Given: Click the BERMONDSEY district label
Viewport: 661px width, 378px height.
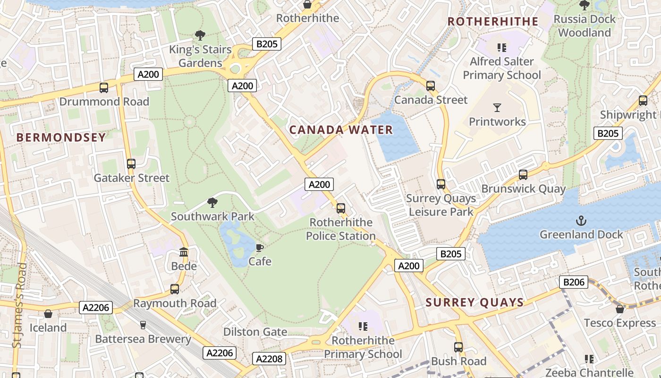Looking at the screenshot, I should [61, 137].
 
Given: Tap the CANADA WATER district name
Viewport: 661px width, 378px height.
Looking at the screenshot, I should [341, 130].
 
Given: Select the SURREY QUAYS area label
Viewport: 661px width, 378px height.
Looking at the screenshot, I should [475, 302].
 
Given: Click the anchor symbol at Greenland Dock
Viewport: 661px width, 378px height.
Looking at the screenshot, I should [581, 221].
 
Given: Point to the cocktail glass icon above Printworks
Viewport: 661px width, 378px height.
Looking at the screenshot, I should [497, 107].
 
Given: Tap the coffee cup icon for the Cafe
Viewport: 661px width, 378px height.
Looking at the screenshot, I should [259, 248].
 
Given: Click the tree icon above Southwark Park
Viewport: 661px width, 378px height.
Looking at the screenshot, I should [212, 203].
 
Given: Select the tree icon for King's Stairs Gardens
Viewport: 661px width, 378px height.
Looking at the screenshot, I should [200, 35].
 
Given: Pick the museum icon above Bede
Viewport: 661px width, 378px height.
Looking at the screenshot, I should [184, 252].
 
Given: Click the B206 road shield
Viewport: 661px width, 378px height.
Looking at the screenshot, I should [574, 282].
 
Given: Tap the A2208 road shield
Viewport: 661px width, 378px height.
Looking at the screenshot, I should [269, 359].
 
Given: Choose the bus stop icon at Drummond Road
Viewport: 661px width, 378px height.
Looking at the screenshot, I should [104, 87].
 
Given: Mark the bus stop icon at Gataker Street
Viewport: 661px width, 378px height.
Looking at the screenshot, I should [131, 164].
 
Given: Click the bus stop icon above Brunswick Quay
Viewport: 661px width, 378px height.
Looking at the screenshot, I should [523, 175].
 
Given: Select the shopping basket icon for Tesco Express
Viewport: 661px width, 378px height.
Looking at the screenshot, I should [620, 309].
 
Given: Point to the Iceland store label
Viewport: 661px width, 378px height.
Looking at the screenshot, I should [48, 327].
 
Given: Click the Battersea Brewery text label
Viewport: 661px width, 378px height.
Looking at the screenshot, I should [143, 339].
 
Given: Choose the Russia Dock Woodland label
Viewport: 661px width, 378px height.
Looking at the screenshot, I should [585, 26].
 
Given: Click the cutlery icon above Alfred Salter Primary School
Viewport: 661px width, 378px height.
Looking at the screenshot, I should [501, 47].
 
